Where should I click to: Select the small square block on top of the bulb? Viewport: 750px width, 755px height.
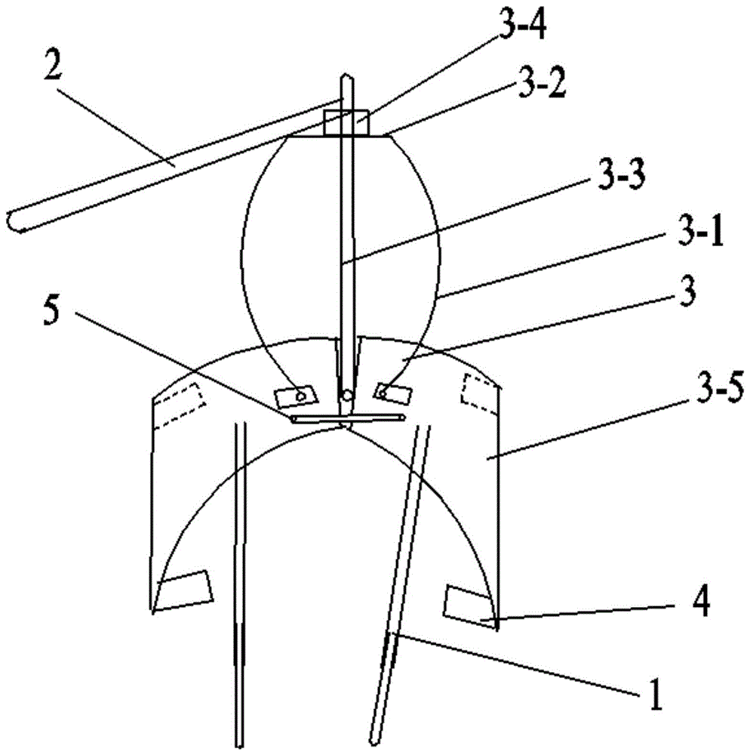coord(346,123)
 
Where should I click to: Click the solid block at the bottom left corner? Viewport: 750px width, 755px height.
coord(184,590)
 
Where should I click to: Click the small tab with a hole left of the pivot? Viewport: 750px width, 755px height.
coord(297,395)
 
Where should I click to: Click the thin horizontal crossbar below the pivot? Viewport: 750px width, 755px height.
coord(347,418)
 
